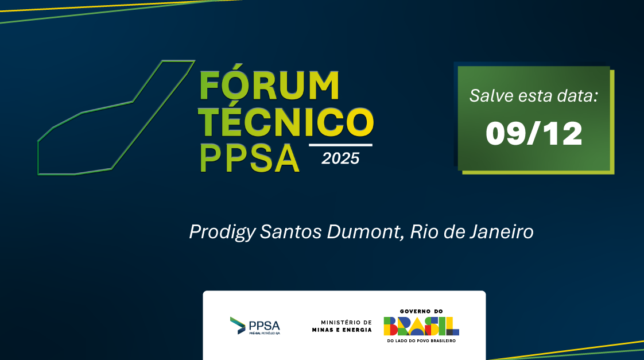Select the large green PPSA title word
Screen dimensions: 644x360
249,158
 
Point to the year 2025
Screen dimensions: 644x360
340,158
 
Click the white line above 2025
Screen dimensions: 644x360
340,145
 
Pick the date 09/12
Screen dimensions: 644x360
534,134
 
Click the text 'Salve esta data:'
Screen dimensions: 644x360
534,96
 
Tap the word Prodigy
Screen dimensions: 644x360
222,233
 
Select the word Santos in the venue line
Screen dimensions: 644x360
291,232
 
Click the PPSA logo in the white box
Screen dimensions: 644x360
255,326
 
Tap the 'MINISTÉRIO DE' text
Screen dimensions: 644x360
346,323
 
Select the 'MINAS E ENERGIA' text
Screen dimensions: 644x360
342,330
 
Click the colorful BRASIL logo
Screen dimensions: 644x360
421,326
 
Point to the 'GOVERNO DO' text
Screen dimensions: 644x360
421,312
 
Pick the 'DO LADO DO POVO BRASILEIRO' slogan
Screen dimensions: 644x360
421,340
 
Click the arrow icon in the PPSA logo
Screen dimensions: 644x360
238,326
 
